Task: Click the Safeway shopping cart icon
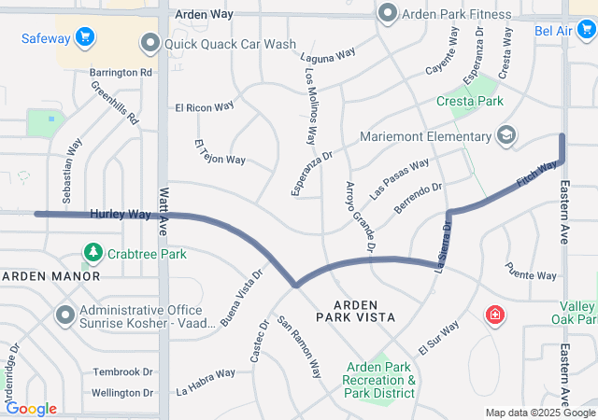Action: [x=86, y=38]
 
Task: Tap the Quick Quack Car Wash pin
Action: [x=149, y=43]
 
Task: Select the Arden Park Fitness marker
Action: [x=388, y=14]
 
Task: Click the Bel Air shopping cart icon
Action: [x=586, y=31]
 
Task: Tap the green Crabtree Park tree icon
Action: [x=93, y=253]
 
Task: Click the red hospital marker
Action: [x=492, y=317]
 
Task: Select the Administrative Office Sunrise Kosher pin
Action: [x=65, y=315]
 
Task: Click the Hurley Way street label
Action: [x=121, y=215]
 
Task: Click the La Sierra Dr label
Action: [x=444, y=245]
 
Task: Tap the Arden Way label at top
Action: [x=203, y=16]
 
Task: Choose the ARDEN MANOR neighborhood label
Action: [x=50, y=276]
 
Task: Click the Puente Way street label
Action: [x=532, y=275]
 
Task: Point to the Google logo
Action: [x=31, y=409]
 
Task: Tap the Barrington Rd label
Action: [x=121, y=72]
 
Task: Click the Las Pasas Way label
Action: [x=399, y=176]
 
